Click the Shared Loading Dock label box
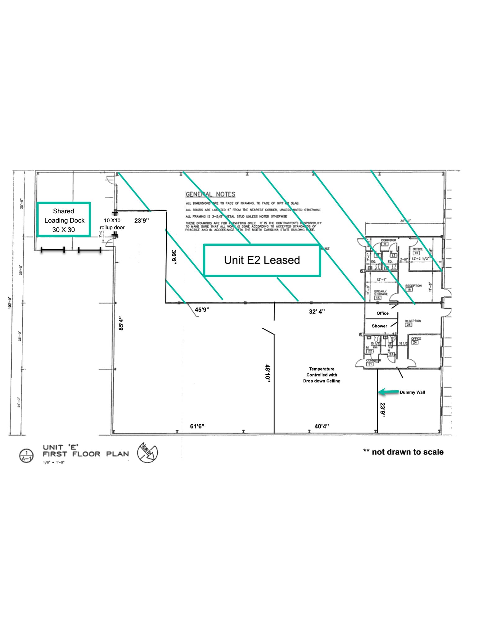coord(64,220)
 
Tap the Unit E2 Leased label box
coord(262,260)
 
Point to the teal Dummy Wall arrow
coord(388,392)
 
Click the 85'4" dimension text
coord(121,324)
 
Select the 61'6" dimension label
coord(197,426)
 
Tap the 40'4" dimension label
coord(322,426)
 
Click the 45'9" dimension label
coord(202,309)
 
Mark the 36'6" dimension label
coord(174,257)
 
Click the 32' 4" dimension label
coord(317,311)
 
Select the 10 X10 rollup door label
coord(112,224)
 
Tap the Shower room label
coord(379,326)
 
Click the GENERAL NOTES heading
coord(210,194)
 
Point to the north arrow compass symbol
coord(147,452)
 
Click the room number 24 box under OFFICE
coord(415,342)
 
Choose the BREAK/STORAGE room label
coord(381,293)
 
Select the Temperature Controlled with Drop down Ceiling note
coord(322,375)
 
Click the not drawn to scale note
coord(403,452)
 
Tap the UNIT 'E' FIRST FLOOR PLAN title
coord(86,451)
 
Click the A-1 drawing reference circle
coord(26,456)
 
